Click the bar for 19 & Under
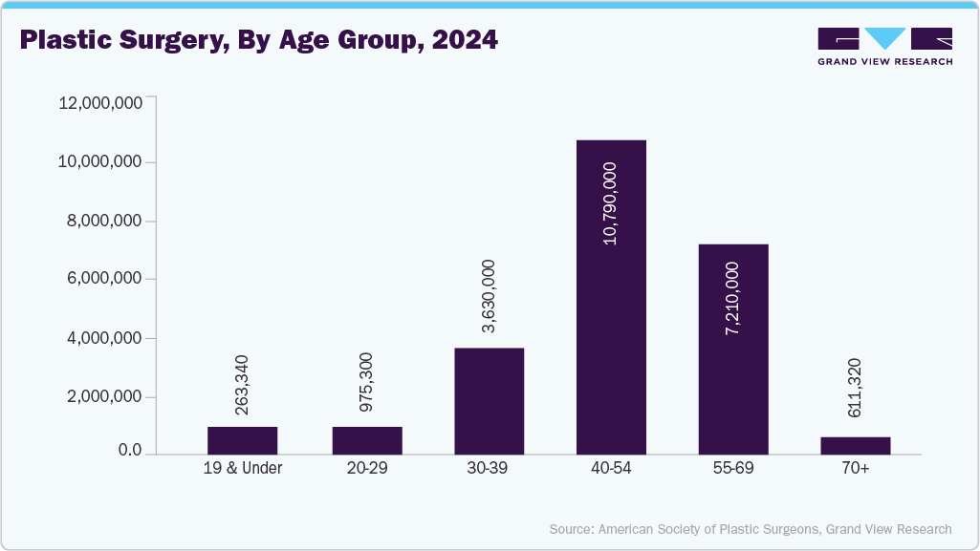click(242, 440)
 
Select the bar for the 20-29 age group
click(367, 440)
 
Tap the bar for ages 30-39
click(489, 401)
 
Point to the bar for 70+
click(856, 446)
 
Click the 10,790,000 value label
click(610, 203)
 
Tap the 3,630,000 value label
click(489, 296)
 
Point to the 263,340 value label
click(242, 385)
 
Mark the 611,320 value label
click(856, 388)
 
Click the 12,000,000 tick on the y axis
click(100, 103)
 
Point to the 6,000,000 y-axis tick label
click(104, 280)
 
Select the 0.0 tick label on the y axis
click(124, 451)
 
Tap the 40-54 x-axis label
click(611, 469)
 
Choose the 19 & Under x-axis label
click(242, 469)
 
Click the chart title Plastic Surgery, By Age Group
click(258, 41)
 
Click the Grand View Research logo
click(884, 46)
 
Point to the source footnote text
click(751, 529)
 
